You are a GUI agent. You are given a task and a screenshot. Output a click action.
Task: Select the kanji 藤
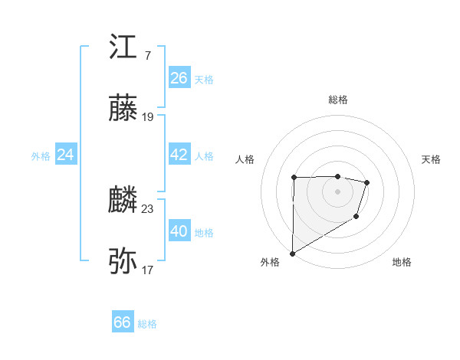point(123,109)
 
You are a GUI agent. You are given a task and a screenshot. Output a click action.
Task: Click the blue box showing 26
point(179,78)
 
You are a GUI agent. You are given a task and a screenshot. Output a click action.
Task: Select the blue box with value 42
point(179,155)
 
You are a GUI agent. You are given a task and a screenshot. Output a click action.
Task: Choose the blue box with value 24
point(65,155)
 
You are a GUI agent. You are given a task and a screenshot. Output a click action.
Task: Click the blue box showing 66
point(123,322)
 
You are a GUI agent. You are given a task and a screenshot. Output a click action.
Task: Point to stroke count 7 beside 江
point(147,56)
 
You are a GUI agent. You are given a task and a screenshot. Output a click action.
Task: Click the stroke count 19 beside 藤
point(148,117)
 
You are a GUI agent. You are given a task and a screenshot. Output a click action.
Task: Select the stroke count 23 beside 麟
point(148,208)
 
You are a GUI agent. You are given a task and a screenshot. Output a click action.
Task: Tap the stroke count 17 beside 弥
point(148,270)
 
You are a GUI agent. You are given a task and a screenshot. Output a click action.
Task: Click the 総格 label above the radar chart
point(338,100)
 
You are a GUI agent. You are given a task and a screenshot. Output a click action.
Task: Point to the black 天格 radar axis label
point(431,159)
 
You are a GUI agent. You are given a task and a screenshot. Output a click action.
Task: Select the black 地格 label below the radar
point(402,262)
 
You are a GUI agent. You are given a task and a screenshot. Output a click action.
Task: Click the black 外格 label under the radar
point(270,262)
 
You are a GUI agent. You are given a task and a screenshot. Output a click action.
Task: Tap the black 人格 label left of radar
point(245,159)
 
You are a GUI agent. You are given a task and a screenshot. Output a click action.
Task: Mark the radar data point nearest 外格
point(292,253)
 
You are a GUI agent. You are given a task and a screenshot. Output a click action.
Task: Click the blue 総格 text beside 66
point(147,324)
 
